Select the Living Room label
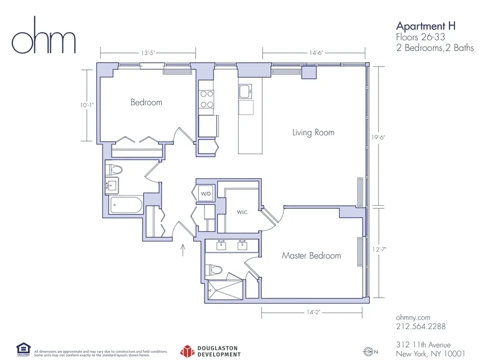pyautogui.click(x=313, y=132)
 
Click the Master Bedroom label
pyautogui.click(x=311, y=255)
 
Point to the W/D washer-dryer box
pyautogui.click(x=205, y=194)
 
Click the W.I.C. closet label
pyautogui.click(x=242, y=212)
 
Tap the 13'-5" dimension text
pyautogui.click(x=147, y=53)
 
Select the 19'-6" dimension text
pyautogui.click(x=379, y=136)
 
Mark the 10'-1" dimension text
pyautogui.click(x=87, y=104)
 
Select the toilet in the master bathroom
pyautogui.click(x=214, y=270)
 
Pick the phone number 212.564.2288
pyautogui.click(x=420, y=326)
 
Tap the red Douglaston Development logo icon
pyautogui.click(x=187, y=350)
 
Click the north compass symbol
pyautogui.click(x=369, y=351)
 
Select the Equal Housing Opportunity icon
pyautogui.click(x=23, y=348)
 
